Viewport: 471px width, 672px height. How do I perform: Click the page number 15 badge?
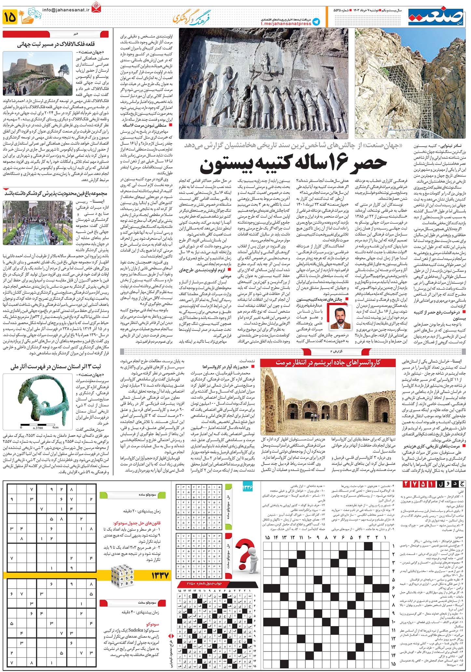tap(10, 17)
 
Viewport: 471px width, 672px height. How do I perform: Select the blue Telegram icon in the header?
tap(316, 21)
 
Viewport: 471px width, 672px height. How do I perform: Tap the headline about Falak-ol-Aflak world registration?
tap(56, 45)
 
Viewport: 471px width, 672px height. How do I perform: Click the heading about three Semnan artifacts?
tap(56, 367)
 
